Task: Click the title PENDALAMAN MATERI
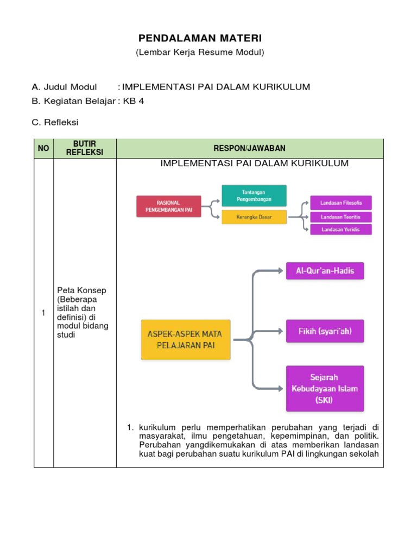click(200, 38)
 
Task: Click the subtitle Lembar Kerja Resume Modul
click(200, 52)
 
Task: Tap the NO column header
click(43, 148)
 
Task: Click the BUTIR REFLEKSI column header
click(85, 148)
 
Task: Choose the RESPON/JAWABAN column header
click(250, 148)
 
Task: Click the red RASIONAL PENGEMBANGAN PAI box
click(168, 206)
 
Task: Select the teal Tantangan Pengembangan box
click(254, 195)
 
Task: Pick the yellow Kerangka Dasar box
click(254, 217)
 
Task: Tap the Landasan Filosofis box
click(341, 203)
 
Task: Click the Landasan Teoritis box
click(341, 217)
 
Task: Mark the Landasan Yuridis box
click(341, 229)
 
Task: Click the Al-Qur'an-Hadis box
click(325, 270)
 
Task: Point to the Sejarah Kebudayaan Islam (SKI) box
click(325, 388)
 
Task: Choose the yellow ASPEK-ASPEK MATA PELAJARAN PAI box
click(186, 339)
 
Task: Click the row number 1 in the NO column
click(43, 313)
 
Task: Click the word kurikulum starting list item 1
click(156, 427)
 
